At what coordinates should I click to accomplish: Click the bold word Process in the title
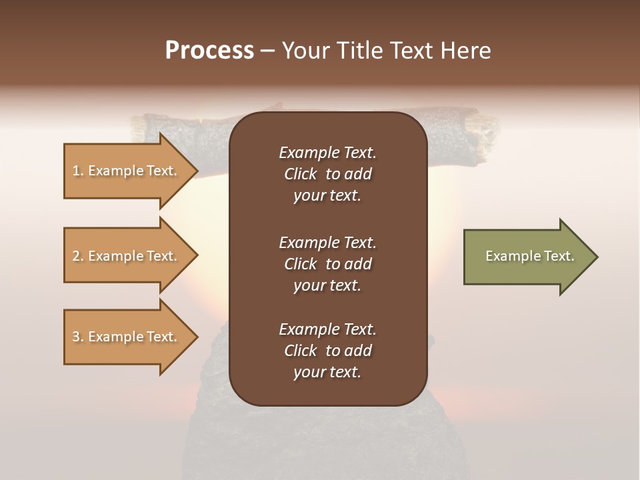[209, 51]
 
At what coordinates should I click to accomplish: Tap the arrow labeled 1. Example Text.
[127, 171]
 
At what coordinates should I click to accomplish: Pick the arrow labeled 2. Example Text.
[127, 256]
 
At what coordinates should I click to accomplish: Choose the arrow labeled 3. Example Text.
[127, 337]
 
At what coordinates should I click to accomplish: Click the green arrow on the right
[527, 257]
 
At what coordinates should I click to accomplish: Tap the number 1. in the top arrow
[78, 171]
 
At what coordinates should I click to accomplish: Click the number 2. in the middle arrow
[78, 256]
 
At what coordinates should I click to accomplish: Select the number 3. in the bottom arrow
[78, 337]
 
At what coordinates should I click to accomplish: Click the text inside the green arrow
[529, 256]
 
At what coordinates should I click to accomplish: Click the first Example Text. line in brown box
[327, 153]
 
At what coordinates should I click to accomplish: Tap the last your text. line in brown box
[327, 372]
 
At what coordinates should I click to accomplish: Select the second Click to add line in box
[327, 264]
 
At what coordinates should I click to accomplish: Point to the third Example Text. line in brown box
[327, 329]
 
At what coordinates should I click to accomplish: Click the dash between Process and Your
[268, 51]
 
